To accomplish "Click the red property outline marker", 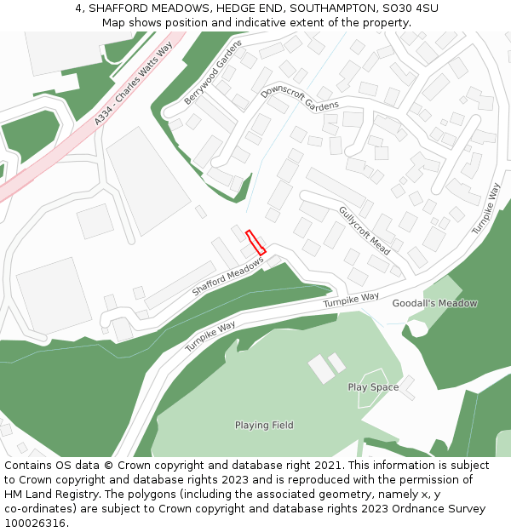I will coord(255,242).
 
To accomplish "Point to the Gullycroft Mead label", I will coord(365,231).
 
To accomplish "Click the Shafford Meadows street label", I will coord(228,277).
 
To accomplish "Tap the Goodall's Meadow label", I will coord(434,303).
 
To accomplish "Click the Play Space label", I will coord(373,387).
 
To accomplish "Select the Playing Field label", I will coord(264,425).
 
